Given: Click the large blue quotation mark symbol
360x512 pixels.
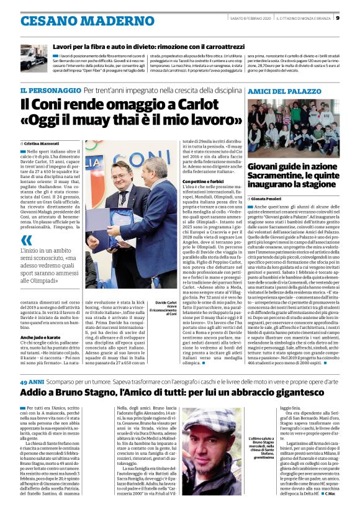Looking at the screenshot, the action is click(26, 240).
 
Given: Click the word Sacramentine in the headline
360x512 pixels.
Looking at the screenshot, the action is click(275, 176).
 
